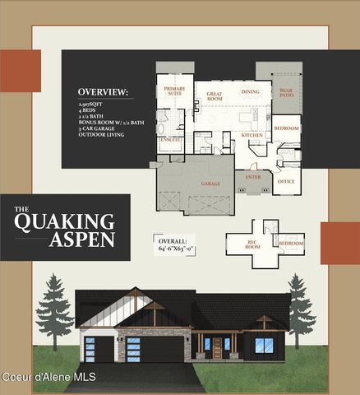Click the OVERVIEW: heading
pos(103,91)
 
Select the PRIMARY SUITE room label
pos(174,91)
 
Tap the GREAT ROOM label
pos(215,96)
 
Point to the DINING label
pos(250,91)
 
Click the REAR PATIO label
pos(286,94)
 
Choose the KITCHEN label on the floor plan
pos(252,134)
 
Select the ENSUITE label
pos(170,140)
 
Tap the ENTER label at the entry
pos(252,175)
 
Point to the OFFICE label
pos(285,181)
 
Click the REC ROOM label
pos(252,244)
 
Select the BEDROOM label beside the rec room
pos(291,244)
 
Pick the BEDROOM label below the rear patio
pos(286,129)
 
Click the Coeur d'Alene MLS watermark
pos(49,377)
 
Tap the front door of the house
pos(217,348)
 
